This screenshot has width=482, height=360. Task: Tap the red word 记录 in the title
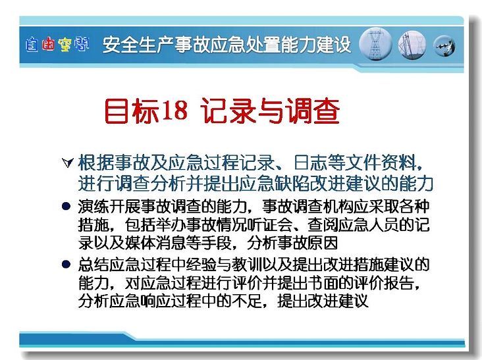point(229,111)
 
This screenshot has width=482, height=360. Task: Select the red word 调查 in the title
point(312,111)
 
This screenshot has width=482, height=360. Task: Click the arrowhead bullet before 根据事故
point(68,163)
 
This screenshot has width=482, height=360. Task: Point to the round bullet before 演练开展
point(66,206)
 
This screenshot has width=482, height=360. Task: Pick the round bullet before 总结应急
point(66,264)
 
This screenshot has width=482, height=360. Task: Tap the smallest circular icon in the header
point(444,46)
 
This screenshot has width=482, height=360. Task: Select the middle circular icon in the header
point(412,45)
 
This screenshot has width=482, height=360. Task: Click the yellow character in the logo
point(65,45)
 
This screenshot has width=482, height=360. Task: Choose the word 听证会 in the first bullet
point(269,225)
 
